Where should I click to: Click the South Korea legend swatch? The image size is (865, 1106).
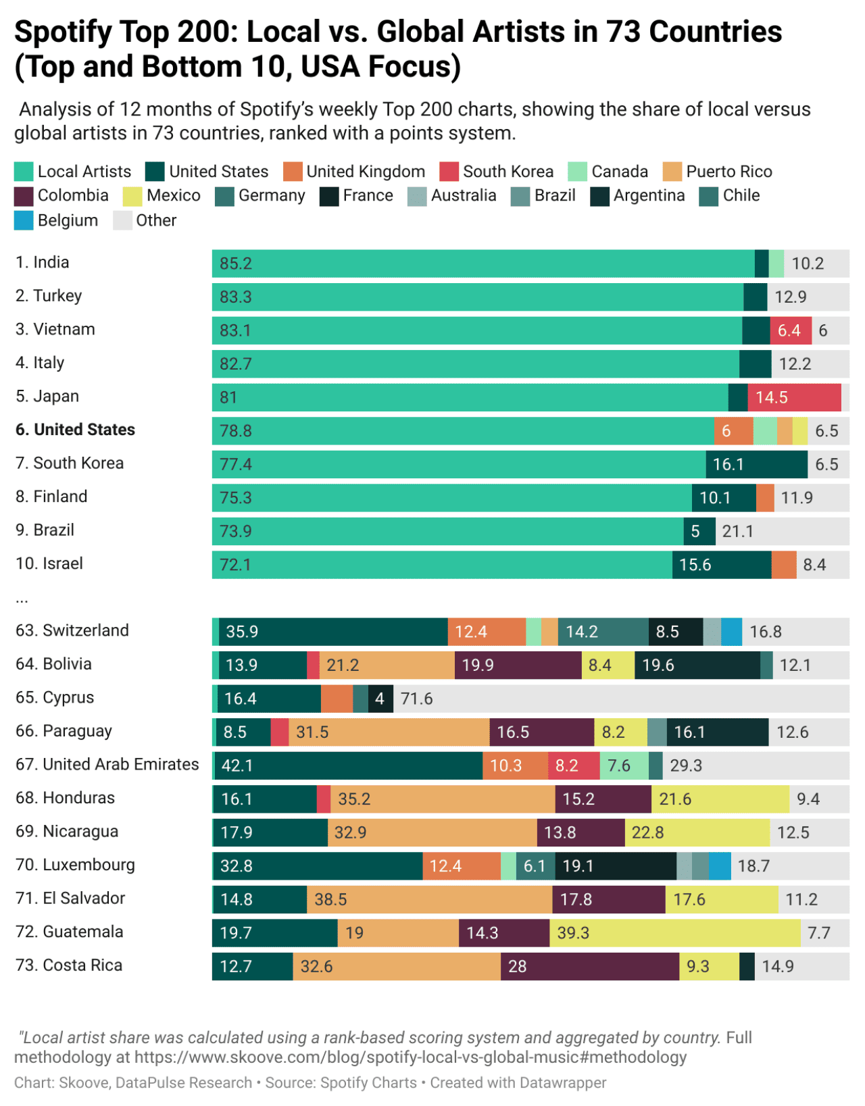point(449,172)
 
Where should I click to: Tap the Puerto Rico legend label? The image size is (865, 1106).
point(728,172)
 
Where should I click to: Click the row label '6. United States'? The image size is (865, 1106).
point(75,430)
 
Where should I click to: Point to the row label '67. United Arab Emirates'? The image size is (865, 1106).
point(107,764)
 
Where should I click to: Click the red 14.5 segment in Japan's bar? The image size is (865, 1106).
point(794,397)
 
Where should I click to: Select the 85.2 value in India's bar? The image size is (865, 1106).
point(236,263)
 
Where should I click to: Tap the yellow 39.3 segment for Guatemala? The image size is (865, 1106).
point(674,933)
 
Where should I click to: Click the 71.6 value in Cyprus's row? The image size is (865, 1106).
point(416,699)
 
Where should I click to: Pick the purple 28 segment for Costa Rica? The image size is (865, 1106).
point(589,966)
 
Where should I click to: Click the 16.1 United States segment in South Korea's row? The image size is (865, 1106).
point(756,464)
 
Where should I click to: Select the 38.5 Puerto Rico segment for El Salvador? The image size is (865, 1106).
point(429,899)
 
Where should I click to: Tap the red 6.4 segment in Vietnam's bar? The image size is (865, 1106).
point(790,330)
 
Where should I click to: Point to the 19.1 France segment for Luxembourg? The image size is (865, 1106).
point(615,866)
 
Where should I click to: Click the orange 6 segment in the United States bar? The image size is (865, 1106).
point(733,431)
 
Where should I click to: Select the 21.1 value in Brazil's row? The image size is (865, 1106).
point(737,531)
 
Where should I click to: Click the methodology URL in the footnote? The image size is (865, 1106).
point(410,1057)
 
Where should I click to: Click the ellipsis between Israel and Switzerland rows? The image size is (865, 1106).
point(22,599)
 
